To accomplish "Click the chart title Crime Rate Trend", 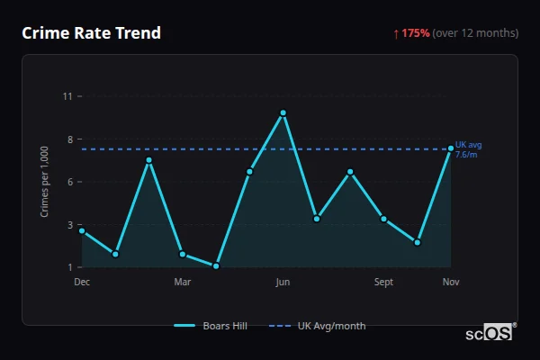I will click(91, 33).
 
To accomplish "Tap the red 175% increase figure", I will click(416, 33).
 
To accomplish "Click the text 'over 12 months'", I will click(475, 33).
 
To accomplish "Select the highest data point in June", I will click(283, 113).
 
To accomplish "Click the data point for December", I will click(82, 231).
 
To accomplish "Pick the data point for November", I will click(451, 148).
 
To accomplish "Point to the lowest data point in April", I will click(216, 265).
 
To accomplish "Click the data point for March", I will click(183, 254).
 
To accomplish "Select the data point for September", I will click(383, 219).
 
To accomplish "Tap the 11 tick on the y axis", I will click(67, 96).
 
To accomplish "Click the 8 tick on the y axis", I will click(69, 139).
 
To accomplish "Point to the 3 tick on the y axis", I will click(69, 225).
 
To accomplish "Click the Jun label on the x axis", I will click(283, 283).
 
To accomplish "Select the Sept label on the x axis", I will click(383, 283).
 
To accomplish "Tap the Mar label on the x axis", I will click(183, 283).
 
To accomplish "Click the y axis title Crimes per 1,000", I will click(44, 182).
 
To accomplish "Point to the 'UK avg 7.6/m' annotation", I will click(468, 149).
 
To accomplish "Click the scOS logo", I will click(490, 333).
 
